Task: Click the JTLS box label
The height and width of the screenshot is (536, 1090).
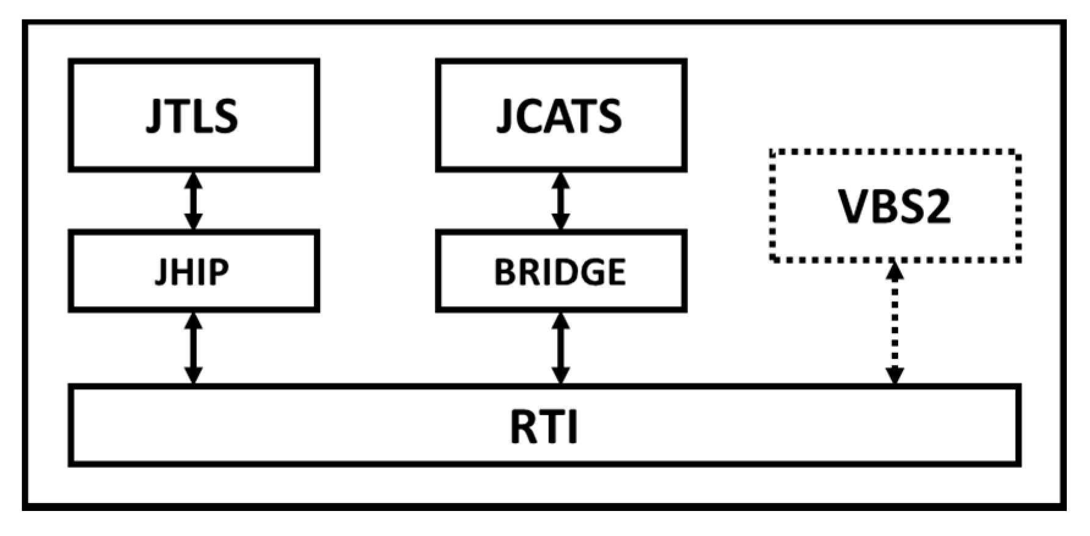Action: (x=192, y=116)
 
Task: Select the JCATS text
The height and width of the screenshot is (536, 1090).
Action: (x=559, y=116)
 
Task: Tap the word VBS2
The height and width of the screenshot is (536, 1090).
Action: (x=894, y=206)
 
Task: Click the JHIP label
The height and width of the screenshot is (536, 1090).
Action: (x=192, y=272)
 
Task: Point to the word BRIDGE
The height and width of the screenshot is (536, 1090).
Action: (x=560, y=272)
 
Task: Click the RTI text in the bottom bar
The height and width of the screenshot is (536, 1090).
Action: (x=544, y=427)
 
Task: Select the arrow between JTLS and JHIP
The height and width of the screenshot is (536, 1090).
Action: (x=194, y=201)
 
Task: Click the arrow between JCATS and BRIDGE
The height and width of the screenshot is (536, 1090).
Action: (x=561, y=201)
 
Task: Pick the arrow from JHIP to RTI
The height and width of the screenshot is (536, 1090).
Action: (x=194, y=349)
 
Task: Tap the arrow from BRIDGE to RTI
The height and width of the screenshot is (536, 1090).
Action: (x=561, y=349)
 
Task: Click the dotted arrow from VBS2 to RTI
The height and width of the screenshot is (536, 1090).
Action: (x=894, y=324)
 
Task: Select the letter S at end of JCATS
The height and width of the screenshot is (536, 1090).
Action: (x=609, y=116)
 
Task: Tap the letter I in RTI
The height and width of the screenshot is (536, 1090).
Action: (x=571, y=427)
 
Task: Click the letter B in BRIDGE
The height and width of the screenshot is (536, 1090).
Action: (x=506, y=272)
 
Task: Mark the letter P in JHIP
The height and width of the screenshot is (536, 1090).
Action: (x=219, y=272)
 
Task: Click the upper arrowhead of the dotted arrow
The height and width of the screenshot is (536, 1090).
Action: (x=894, y=270)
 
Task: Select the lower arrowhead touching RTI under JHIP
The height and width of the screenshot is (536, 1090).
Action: (x=194, y=375)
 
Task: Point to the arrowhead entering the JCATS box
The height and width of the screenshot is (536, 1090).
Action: (x=561, y=181)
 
